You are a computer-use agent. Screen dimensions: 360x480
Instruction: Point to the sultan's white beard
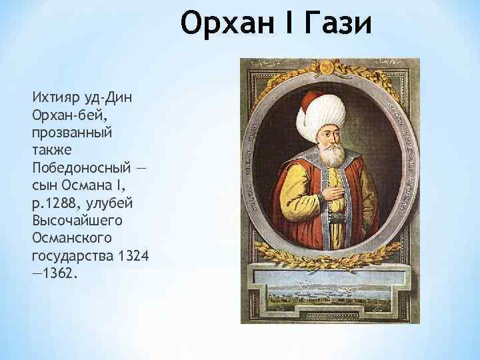point(325,154)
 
